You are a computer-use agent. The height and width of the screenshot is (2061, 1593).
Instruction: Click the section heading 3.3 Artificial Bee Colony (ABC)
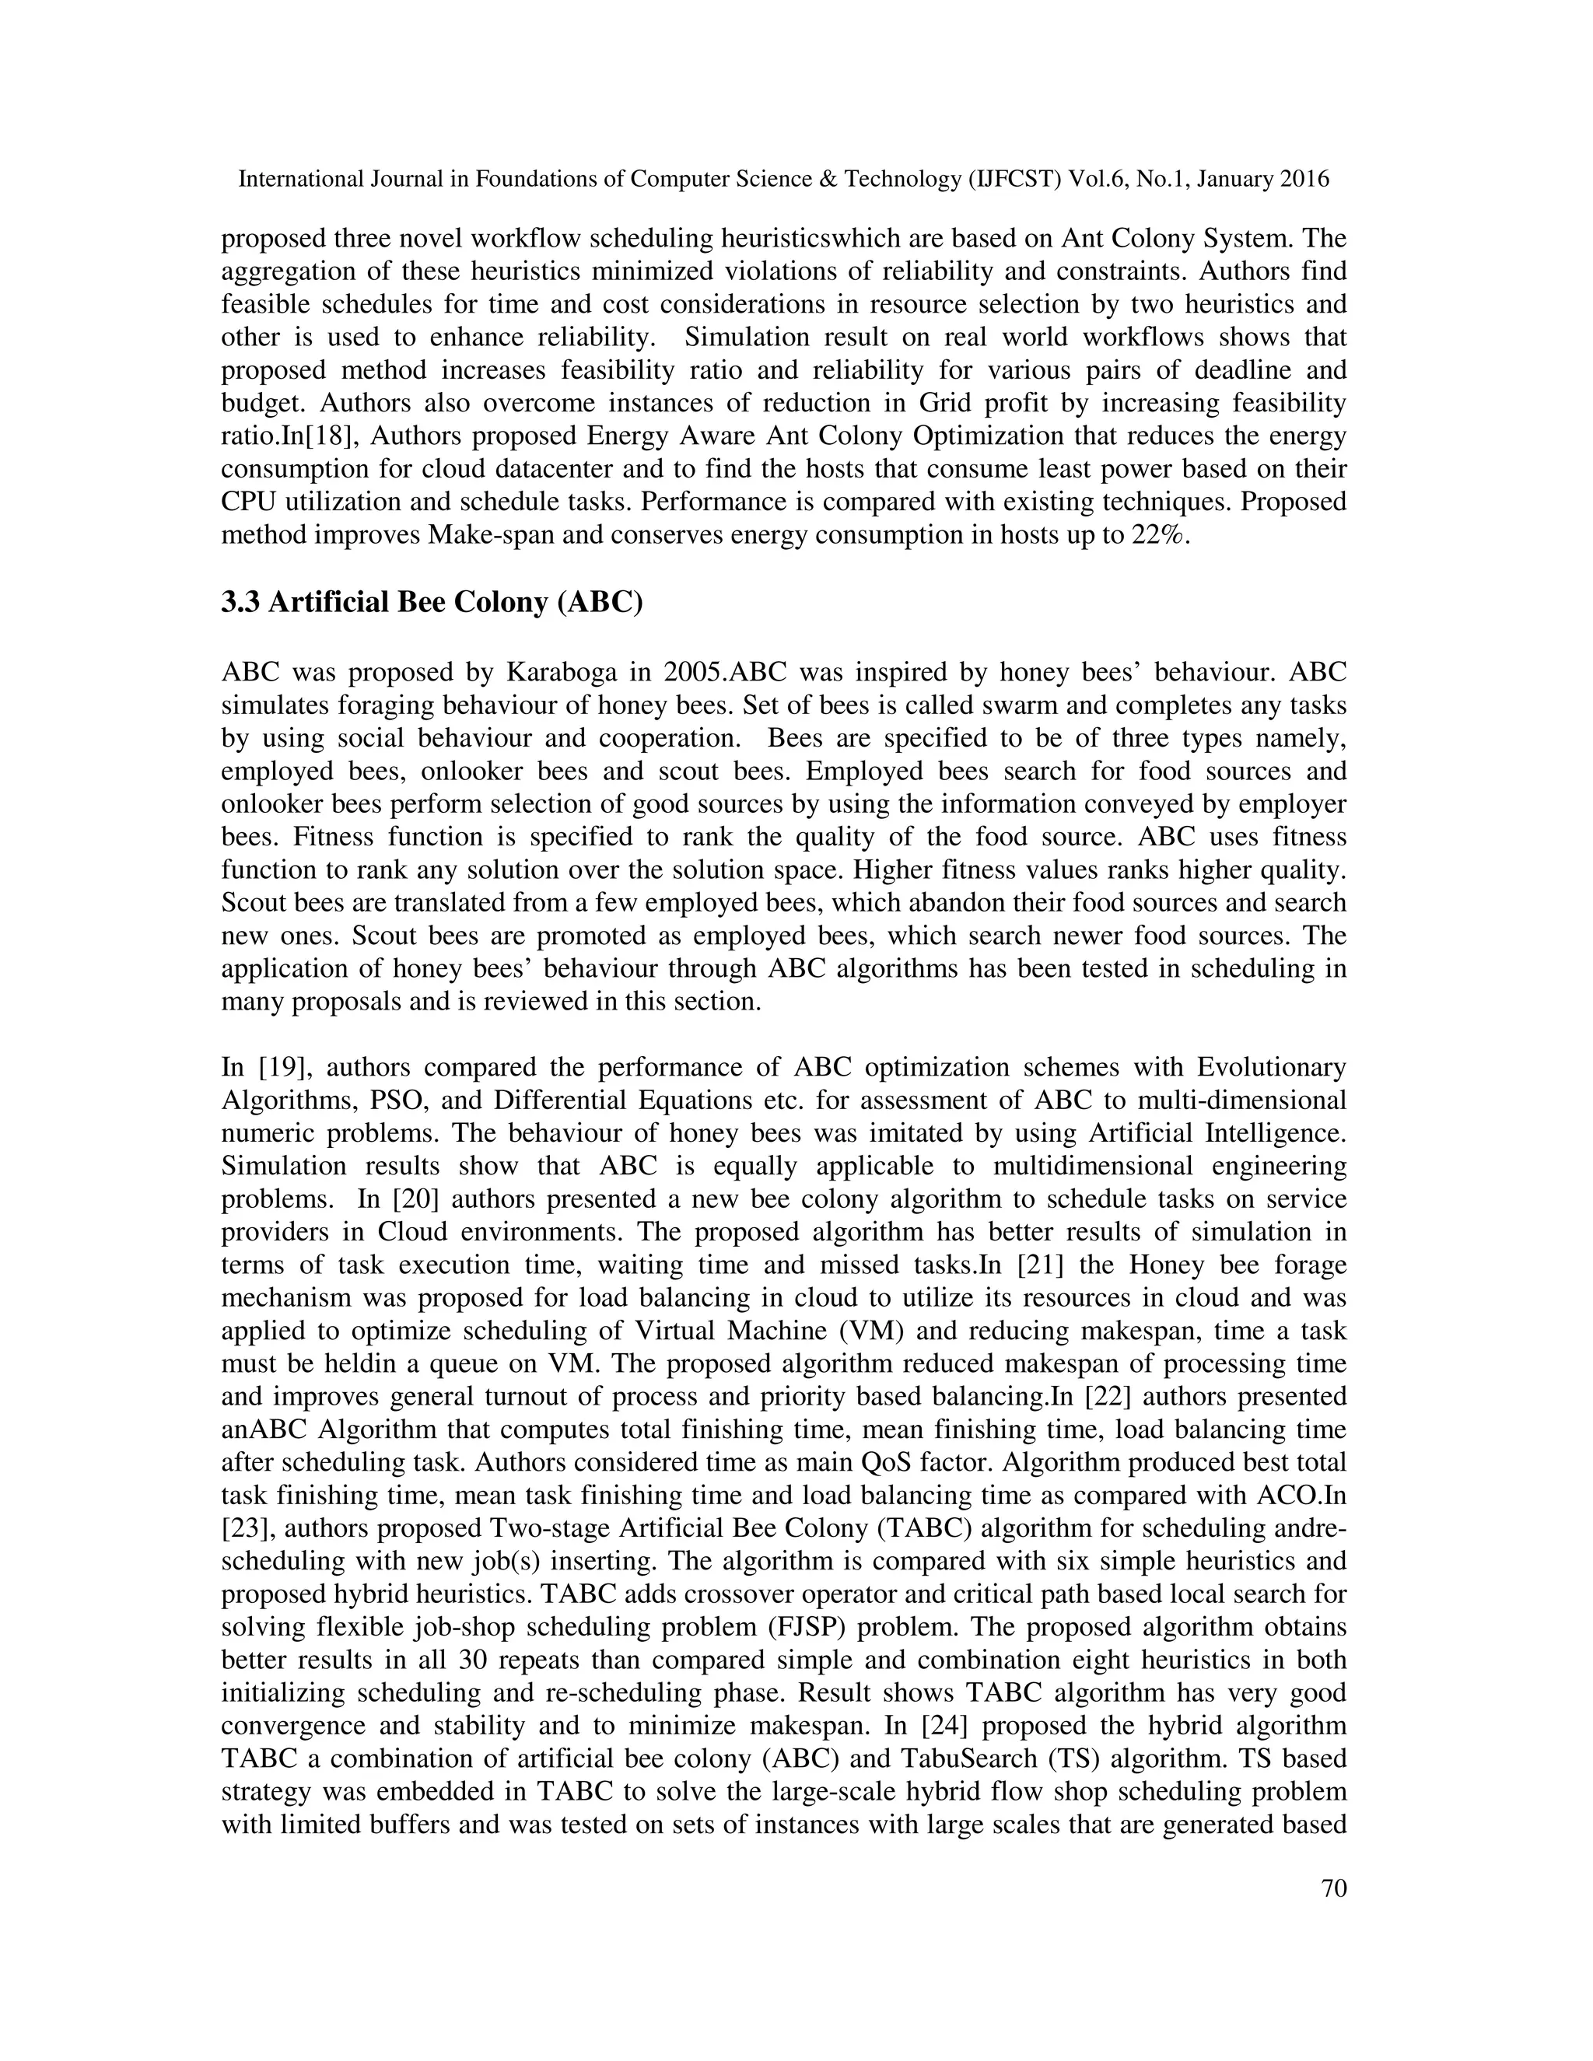click(431, 602)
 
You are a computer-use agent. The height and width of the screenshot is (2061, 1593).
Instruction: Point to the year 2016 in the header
click(1305, 180)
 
